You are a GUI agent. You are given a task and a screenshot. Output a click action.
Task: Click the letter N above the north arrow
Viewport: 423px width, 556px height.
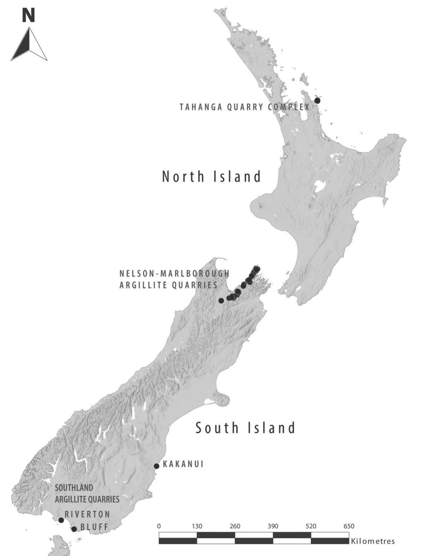28,15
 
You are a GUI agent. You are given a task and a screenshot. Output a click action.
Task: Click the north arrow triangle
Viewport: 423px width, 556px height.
29,46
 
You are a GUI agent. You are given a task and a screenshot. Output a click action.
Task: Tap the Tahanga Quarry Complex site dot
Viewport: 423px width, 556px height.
317,100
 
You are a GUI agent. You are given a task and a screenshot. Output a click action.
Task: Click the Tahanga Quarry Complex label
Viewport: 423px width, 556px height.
244,107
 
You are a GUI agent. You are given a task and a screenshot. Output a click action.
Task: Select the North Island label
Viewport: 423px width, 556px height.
211,177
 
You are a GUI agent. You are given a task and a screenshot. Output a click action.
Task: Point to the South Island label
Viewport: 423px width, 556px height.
245,428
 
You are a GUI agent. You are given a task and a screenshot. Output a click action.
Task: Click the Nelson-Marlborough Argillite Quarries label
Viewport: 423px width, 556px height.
174,279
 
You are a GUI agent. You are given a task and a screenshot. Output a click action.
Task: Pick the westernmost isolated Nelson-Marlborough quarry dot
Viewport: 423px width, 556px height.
221,300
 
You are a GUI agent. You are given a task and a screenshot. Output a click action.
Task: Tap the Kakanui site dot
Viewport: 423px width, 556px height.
156,466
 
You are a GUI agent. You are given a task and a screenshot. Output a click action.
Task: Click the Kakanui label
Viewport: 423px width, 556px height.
183,464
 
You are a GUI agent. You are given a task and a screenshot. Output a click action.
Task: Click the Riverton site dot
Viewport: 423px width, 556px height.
61,520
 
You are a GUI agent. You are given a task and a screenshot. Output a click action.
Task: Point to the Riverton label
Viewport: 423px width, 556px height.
87,514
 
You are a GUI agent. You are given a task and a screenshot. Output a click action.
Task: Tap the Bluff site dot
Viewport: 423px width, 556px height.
74,529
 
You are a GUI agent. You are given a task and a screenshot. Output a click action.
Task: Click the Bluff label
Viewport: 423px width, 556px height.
94,527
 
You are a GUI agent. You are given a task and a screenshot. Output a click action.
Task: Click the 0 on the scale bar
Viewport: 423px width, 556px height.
159,526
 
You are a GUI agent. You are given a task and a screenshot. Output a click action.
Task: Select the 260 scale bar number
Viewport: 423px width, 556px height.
235,526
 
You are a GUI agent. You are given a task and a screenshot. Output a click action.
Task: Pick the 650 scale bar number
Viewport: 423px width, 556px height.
349,526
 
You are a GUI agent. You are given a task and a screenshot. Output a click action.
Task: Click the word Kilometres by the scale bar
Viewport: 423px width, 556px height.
373,541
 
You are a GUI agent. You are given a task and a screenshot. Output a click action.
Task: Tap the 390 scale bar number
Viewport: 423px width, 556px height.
273,526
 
